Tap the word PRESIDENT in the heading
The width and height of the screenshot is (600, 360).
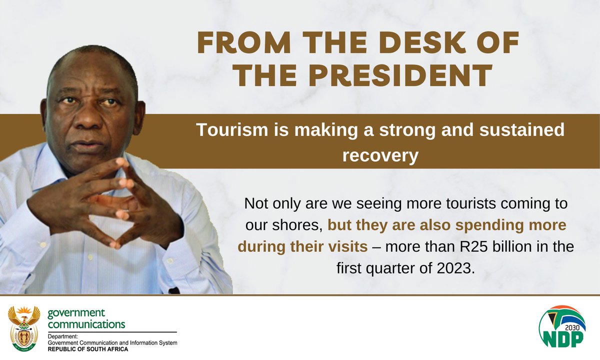(398, 76)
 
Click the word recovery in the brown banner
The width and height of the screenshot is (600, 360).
(379, 155)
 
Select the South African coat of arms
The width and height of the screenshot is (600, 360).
(23, 328)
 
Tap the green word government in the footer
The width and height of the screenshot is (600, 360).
(76, 314)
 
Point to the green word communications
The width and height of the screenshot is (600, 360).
(86, 324)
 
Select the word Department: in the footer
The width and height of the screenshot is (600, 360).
(62, 336)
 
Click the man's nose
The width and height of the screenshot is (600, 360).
(90, 125)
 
